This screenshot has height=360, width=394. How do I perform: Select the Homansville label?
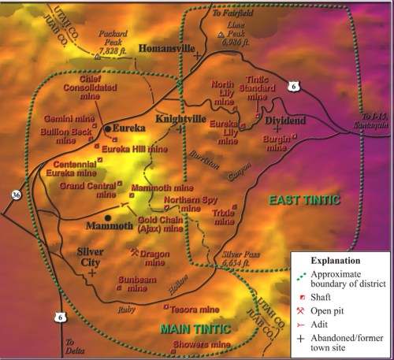click(x=166, y=48)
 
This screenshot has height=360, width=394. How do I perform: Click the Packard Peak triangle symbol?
click(x=97, y=57)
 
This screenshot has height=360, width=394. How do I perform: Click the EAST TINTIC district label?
click(x=303, y=200)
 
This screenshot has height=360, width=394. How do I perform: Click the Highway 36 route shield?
click(x=17, y=193)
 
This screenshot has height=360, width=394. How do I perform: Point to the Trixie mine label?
click(x=224, y=217)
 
